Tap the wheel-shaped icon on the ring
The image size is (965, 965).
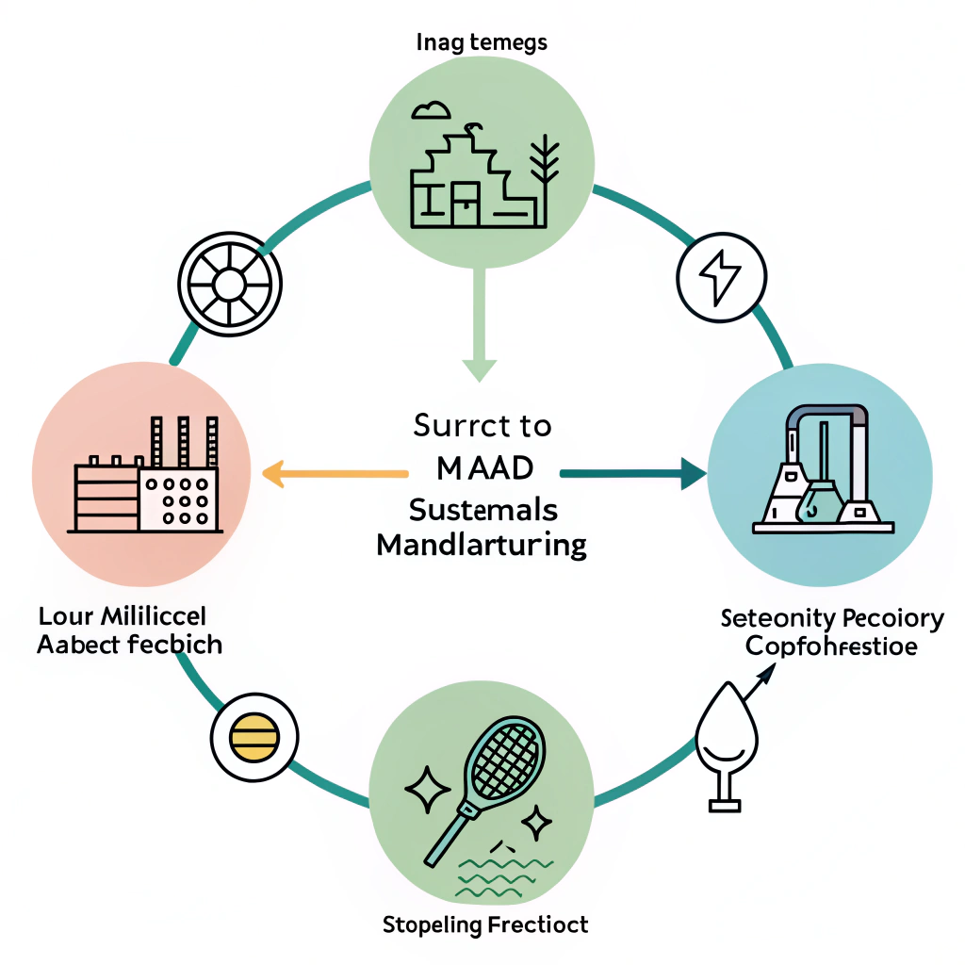pos(229,283)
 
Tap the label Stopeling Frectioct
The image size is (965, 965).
pos(485,924)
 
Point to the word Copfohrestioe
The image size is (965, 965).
pos(831,647)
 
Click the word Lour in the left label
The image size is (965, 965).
pos(64,617)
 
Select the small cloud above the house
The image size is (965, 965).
pos(430,110)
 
